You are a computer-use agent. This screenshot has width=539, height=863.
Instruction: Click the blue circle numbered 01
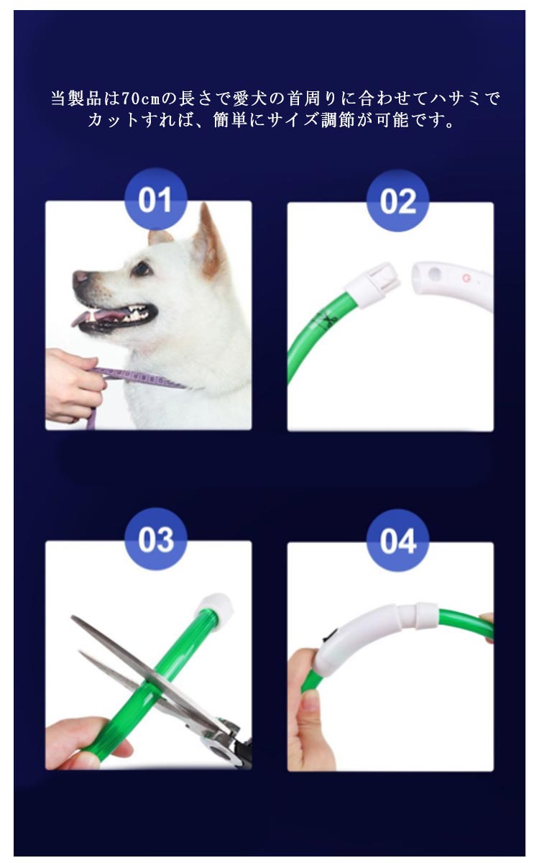(x=155, y=199)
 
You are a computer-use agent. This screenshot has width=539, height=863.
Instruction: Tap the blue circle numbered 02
(x=397, y=201)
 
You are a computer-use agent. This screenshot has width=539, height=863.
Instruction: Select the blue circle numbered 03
(x=156, y=539)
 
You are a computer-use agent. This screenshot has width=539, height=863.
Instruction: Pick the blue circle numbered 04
(x=398, y=541)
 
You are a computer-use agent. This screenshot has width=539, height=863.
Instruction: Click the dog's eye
(x=142, y=268)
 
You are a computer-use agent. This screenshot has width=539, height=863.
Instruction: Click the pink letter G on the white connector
(x=466, y=278)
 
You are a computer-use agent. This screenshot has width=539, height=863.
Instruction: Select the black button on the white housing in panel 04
(x=331, y=636)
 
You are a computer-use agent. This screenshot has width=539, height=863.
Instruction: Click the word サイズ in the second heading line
(x=292, y=121)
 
